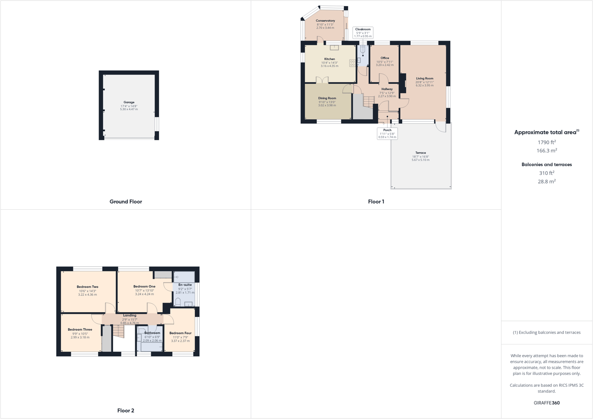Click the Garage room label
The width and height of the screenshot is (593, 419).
coord(129,102)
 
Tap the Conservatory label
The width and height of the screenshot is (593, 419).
coord(325,21)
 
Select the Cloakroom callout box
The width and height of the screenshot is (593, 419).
coord(363,33)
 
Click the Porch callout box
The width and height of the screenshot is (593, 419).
coord(387,133)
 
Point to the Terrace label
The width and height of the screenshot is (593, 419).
coord(420,153)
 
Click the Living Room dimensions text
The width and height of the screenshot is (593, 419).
coord(424,83)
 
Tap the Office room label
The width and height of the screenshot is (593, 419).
coord(384,58)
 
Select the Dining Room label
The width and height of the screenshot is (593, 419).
coord(327,98)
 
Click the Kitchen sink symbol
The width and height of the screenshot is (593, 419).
coord(334,47)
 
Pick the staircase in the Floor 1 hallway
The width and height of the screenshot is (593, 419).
coord(369,101)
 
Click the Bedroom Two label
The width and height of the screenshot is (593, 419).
coord(87,287)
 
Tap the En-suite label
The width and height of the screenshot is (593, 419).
coord(185,285)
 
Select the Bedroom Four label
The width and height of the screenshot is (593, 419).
coord(180,333)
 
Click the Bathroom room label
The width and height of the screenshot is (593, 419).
coord(152,333)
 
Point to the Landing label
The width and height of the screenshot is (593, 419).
coord(129,315)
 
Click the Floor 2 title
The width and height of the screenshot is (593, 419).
coord(125,411)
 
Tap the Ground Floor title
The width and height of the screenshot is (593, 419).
coord(125,202)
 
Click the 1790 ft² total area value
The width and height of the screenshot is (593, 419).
coord(547,142)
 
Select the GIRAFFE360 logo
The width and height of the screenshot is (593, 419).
coord(547,403)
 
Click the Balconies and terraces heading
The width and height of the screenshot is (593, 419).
coord(547,164)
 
